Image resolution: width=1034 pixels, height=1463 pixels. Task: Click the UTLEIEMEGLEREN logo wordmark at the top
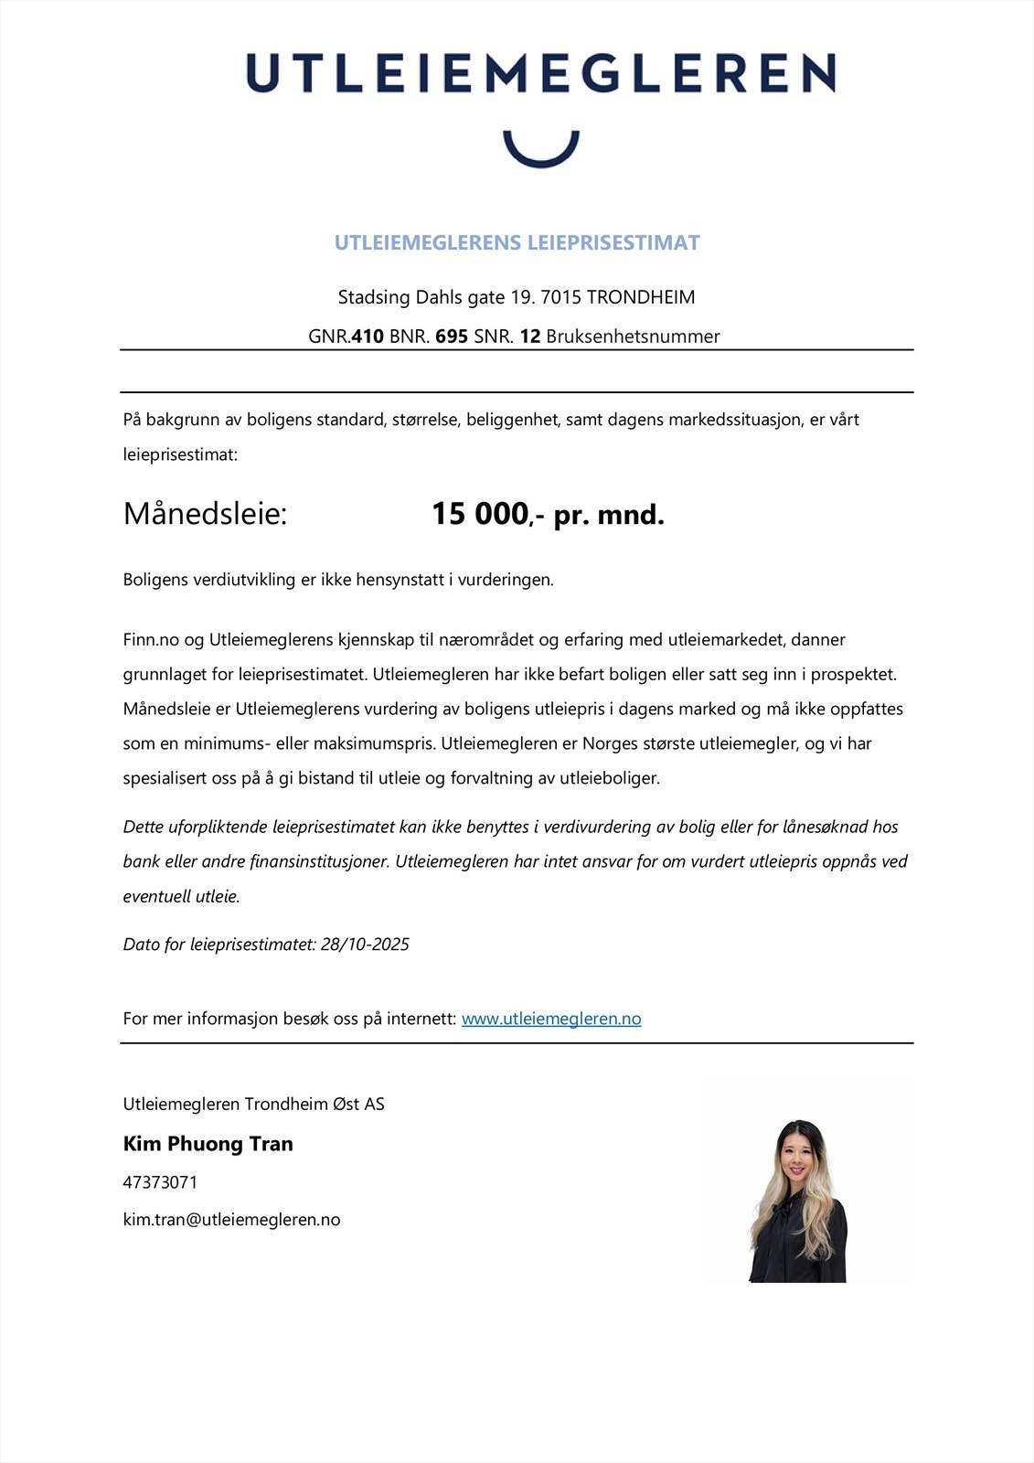[x=540, y=73]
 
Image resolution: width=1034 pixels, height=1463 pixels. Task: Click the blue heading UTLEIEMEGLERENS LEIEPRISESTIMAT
[x=517, y=242]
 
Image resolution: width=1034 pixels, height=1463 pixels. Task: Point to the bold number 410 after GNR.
[x=368, y=336]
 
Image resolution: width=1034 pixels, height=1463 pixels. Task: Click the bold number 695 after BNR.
[x=452, y=336]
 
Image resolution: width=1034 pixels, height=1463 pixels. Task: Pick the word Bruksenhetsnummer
[x=633, y=336]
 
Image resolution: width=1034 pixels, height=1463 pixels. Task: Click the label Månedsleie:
[x=205, y=514]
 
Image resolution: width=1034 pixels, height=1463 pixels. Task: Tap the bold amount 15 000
[x=480, y=514]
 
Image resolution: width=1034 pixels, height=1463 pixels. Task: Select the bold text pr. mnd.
[x=609, y=515]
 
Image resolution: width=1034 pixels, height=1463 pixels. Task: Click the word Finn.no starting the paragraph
[x=151, y=639]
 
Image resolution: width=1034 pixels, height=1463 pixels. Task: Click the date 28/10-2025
[x=365, y=945]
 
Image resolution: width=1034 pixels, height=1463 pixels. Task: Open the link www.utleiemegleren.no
[x=551, y=1019]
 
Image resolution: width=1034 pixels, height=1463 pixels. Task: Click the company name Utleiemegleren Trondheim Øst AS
[x=253, y=1104]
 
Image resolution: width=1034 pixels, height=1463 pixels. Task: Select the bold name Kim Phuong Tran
[x=208, y=1144]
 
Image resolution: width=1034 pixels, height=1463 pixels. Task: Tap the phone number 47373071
[x=160, y=1182]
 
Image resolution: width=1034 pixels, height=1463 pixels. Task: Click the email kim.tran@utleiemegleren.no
[x=231, y=1220]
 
